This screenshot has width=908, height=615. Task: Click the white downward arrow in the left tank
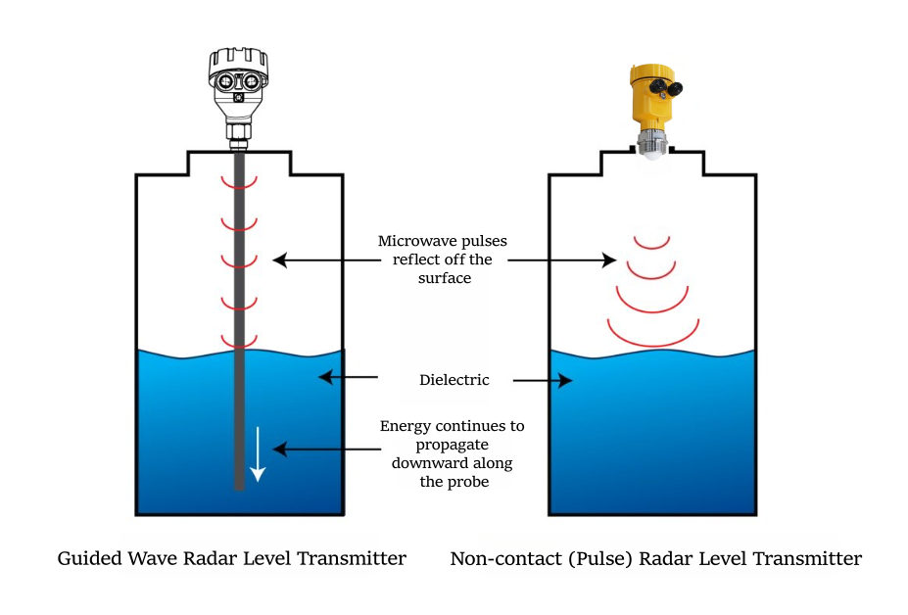tap(257, 455)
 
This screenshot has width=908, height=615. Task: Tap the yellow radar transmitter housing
tap(648, 98)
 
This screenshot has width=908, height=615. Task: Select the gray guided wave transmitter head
tap(238, 82)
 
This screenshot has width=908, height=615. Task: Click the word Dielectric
tap(447, 379)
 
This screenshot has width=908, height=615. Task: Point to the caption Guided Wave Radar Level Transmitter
tap(232, 559)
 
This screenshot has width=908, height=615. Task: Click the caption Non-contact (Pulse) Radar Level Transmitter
tap(656, 559)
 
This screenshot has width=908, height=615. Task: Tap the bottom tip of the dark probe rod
tap(238, 486)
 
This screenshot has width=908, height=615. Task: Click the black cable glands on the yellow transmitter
tap(671, 88)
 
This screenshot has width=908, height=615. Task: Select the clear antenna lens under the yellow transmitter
tap(651, 148)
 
